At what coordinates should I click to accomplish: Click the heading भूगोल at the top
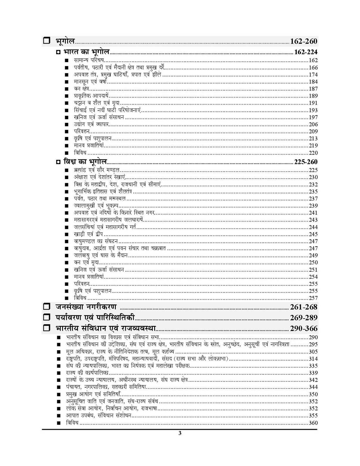[65, 41]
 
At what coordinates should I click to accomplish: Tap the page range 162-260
[303, 41]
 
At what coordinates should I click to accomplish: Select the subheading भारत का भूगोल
[86, 52]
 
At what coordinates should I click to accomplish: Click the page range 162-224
[305, 52]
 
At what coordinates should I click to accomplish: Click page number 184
[313, 82]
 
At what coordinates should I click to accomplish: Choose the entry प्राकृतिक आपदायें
[91, 96]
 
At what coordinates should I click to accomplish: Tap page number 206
[313, 124]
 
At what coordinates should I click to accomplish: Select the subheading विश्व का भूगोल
[85, 162]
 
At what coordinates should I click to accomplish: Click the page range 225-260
[305, 162]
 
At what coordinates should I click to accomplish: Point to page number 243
[313, 220]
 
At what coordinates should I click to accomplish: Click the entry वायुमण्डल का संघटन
[96, 241]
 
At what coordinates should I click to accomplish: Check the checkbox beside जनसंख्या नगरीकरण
[47, 307]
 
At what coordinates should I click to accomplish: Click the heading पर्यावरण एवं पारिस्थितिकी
[95, 317]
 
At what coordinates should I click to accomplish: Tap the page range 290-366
[303, 329]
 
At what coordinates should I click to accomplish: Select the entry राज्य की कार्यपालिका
[87, 373]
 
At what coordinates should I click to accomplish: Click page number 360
[313, 423]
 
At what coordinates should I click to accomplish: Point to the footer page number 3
[180, 433]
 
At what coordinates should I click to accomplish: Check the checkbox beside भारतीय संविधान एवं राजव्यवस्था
[47, 328]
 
